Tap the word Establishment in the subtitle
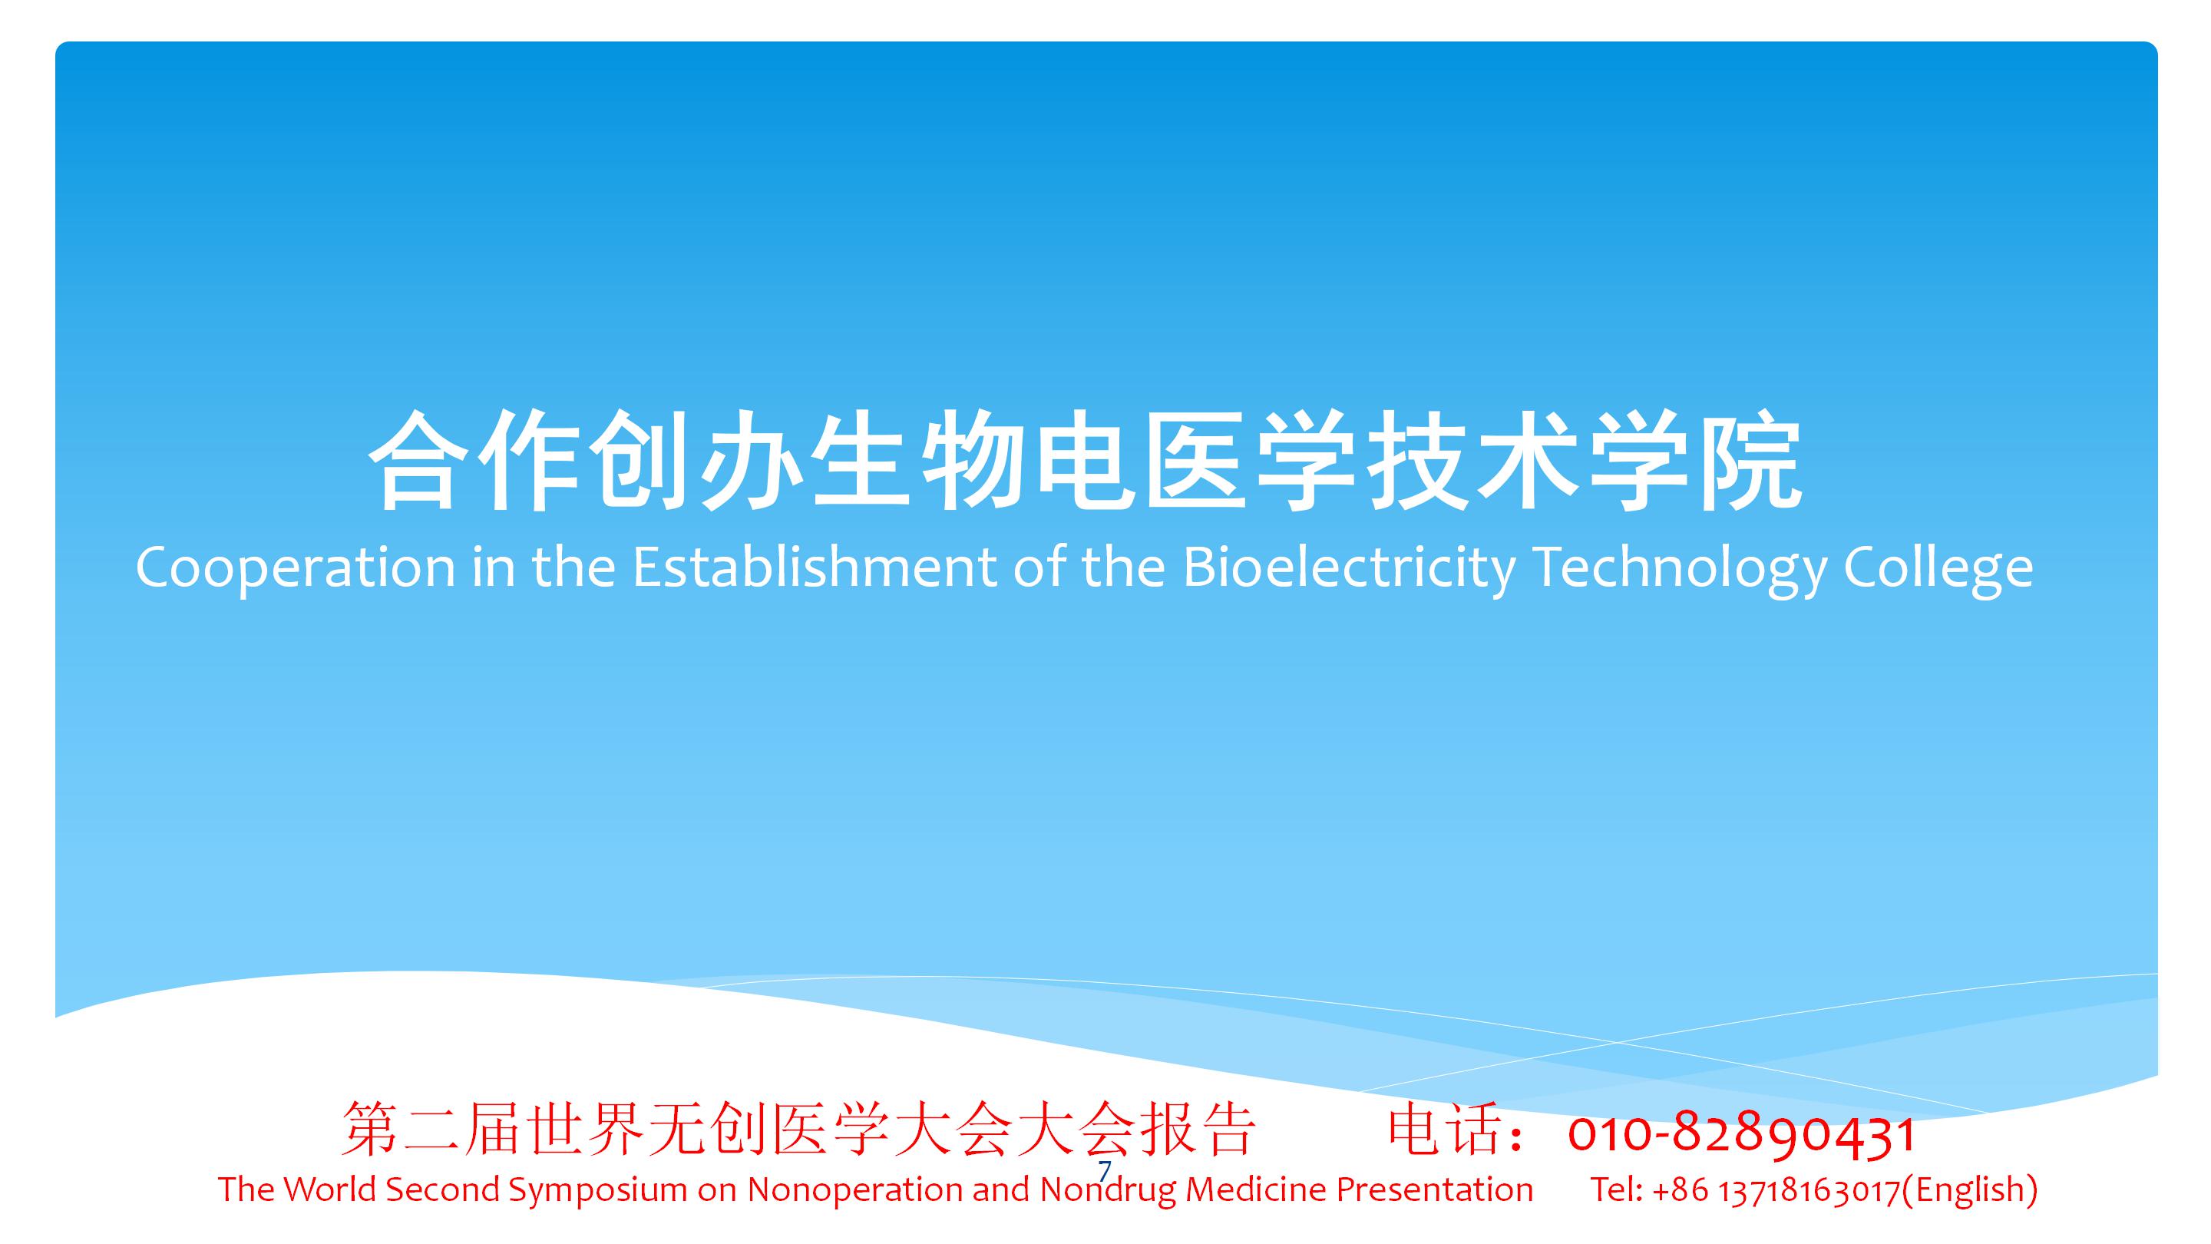coord(815,567)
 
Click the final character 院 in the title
coord(1750,460)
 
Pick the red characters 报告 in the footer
coord(1198,1130)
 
